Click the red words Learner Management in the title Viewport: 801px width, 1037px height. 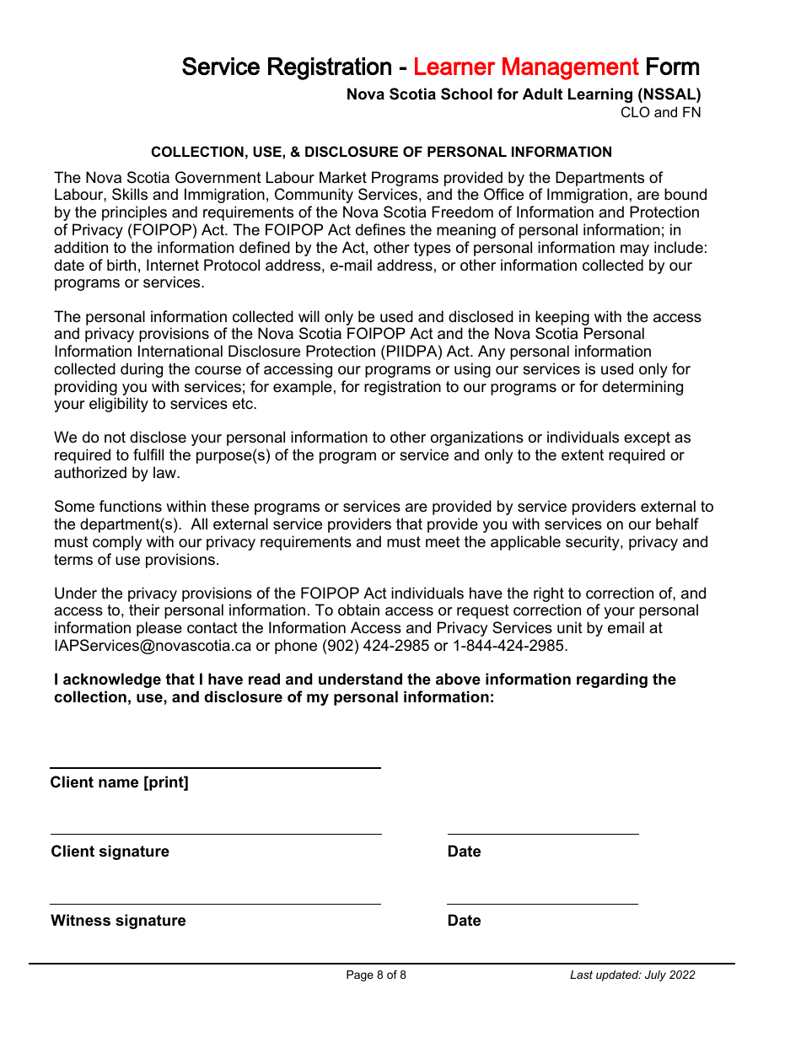(x=525, y=67)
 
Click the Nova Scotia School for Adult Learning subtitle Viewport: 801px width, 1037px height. (x=523, y=94)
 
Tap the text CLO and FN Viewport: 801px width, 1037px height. (x=660, y=112)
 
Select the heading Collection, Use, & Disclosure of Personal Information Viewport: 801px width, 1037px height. (x=381, y=152)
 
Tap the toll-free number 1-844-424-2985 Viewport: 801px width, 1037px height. (x=509, y=646)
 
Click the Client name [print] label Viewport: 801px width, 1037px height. (x=119, y=782)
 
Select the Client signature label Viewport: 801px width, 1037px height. (x=110, y=852)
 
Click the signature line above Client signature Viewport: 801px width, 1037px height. (x=215, y=833)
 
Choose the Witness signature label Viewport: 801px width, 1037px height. (x=118, y=921)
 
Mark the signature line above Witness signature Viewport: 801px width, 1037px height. (x=215, y=903)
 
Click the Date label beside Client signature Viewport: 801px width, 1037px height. (x=464, y=852)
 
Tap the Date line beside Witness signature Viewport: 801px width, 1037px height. (x=542, y=903)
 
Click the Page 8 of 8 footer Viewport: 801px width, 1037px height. (x=376, y=975)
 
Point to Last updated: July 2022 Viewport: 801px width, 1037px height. (x=632, y=975)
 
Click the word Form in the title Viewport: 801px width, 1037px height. (x=672, y=67)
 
